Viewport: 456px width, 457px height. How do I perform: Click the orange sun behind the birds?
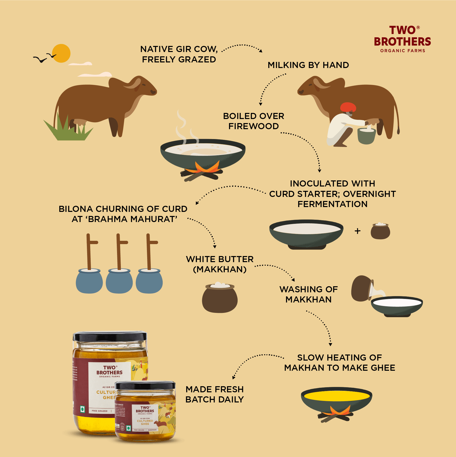[61, 53]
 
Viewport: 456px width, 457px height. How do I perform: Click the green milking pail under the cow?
[366, 136]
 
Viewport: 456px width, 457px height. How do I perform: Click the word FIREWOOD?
[253, 126]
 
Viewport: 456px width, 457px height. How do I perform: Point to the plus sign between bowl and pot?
[357, 231]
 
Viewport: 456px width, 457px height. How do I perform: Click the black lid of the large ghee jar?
[110, 336]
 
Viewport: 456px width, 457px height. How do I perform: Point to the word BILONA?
[76, 209]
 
